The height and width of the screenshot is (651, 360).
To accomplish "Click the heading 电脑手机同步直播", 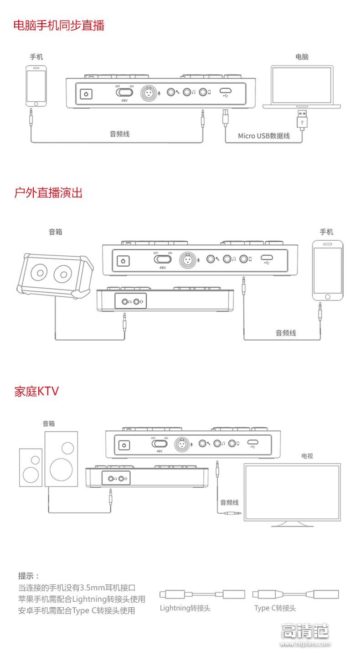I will tap(59, 25).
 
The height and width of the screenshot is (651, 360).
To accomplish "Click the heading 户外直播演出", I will tap(48, 193).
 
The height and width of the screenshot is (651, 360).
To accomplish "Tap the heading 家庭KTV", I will tap(36, 391).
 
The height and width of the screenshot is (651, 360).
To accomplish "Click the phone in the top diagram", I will tap(36, 85).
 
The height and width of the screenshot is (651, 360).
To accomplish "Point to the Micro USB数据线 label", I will tap(264, 136).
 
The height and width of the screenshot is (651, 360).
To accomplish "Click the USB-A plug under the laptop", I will tap(301, 119).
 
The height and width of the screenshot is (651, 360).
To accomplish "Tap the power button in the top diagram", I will tap(86, 94).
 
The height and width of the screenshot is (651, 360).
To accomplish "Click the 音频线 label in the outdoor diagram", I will tap(286, 333).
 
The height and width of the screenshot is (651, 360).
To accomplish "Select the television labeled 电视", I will tap(292, 493).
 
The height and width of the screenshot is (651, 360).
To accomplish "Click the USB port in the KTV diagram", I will tap(253, 443).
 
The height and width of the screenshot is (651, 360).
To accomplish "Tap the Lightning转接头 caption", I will tap(185, 608).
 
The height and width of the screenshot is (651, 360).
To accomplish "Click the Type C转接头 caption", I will tap(275, 608).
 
